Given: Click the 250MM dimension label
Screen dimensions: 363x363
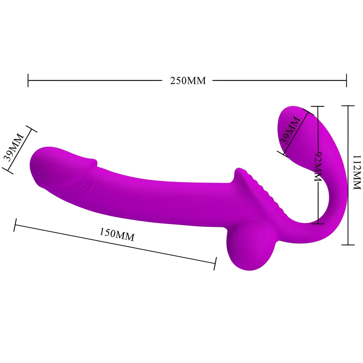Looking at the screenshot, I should pos(188,81).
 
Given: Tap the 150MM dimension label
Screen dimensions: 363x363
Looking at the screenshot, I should pos(117,235).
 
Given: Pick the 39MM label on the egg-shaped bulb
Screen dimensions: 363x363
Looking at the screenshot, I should pos(290,130).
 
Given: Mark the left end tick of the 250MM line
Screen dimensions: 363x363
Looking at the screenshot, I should pos(28,80).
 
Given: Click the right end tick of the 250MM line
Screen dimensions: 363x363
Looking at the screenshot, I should pos(346,80).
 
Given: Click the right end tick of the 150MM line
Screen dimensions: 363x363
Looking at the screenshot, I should pos(215,263).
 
